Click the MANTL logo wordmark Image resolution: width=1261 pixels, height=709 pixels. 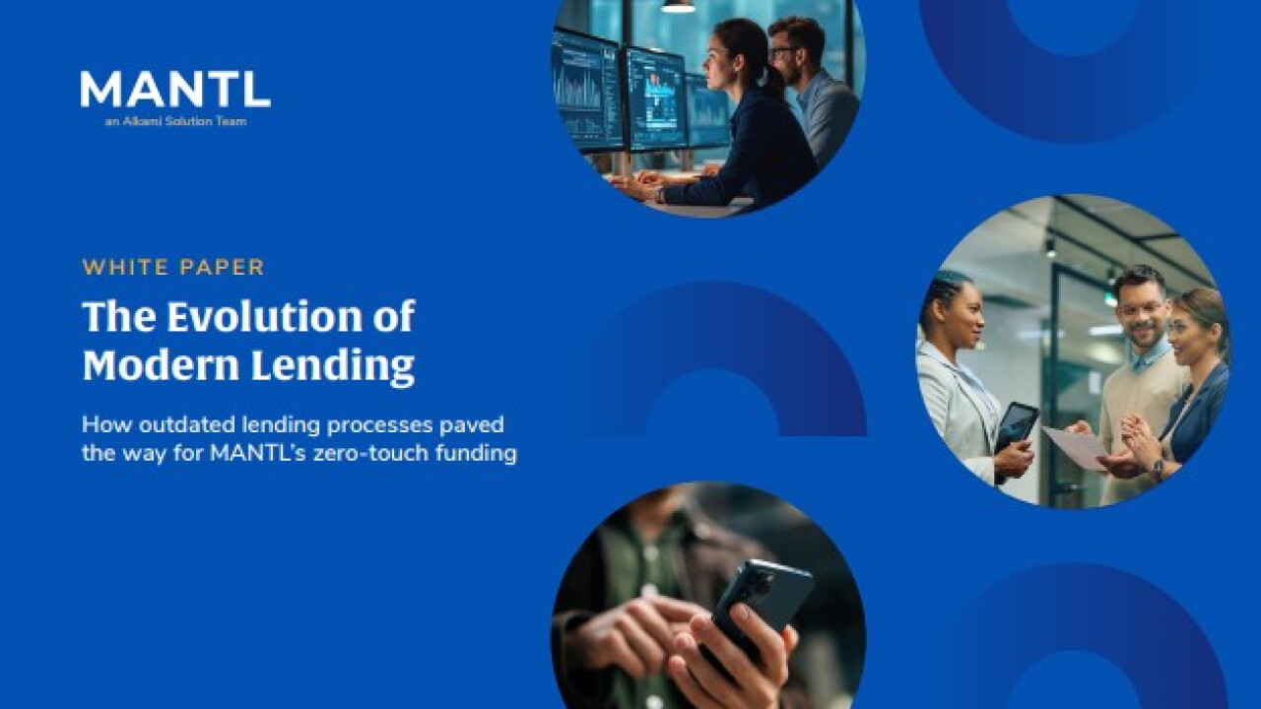[175, 89]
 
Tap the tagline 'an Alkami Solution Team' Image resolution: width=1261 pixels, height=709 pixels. [175, 121]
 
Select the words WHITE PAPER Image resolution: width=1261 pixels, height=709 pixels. [173, 267]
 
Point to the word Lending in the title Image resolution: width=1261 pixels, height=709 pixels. [333, 365]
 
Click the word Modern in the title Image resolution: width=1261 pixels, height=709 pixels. [161, 364]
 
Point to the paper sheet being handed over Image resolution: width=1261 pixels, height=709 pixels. [1075, 446]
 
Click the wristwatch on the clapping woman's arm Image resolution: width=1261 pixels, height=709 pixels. [1156, 468]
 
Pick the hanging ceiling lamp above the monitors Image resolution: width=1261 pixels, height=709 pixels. [678, 6]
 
